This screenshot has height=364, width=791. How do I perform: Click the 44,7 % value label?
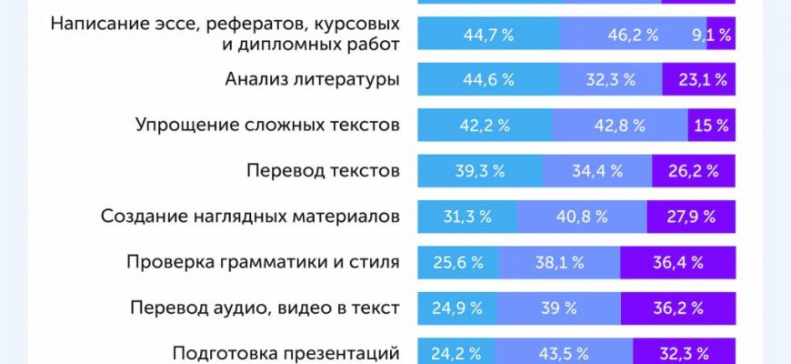coord(488,35)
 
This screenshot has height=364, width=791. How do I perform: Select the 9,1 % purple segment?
coord(709,35)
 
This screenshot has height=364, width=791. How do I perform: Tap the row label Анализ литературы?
coord(312,79)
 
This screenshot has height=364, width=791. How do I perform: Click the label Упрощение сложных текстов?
coord(267,125)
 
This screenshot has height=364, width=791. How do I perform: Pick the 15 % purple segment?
coord(709,126)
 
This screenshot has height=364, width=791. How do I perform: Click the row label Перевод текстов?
coord(323,170)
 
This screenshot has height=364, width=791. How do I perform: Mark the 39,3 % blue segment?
coord(479,170)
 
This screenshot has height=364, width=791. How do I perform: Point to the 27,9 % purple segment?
coord(690,217)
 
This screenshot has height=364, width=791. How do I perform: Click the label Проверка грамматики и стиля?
coord(263,262)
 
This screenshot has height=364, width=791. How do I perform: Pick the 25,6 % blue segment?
coord(457,262)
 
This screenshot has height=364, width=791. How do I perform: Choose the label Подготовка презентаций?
coord(286,351)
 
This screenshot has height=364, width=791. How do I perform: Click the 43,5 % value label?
coord(563,351)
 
